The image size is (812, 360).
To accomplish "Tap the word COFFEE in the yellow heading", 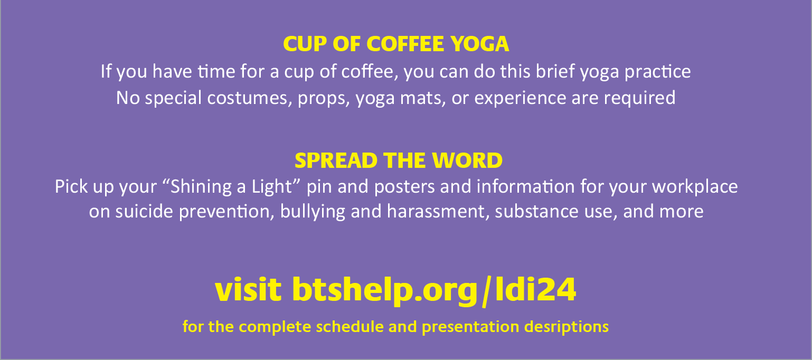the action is coord(405,44).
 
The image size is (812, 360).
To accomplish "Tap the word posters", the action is coord(404,187).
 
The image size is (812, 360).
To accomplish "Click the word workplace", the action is coord(695,187).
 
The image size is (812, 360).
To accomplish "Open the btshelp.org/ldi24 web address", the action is coord(434,290).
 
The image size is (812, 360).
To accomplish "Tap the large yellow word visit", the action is coord(248,289).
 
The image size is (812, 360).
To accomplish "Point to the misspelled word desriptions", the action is coord(566,327).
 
